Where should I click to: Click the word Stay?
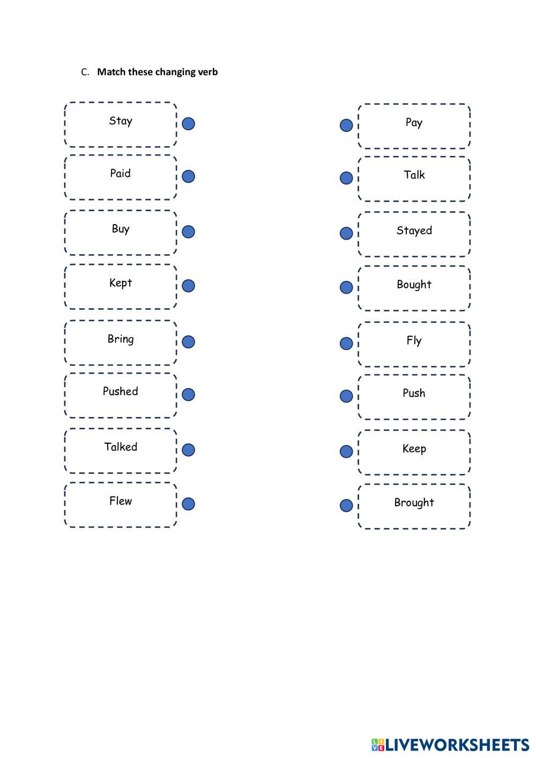(x=121, y=121)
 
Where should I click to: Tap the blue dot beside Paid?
(x=188, y=176)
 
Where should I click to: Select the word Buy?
(x=121, y=229)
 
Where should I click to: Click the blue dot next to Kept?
(x=188, y=286)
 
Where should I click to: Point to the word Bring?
(x=121, y=339)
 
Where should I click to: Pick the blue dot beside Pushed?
(x=188, y=395)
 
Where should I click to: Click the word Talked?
(x=121, y=447)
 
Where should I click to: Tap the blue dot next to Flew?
(x=188, y=504)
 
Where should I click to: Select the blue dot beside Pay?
(x=346, y=125)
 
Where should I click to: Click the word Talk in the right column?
(x=414, y=175)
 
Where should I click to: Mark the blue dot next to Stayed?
(x=346, y=233)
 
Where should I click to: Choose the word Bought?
(x=414, y=285)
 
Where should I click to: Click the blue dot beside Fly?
(x=346, y=343)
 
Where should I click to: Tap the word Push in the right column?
(x=414, y=393)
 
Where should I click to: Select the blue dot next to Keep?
(x=346, y=451)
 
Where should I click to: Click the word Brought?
(x=414, y=503)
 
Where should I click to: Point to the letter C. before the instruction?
(x=85, y=72)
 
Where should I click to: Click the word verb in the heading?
(x=208, y=72)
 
